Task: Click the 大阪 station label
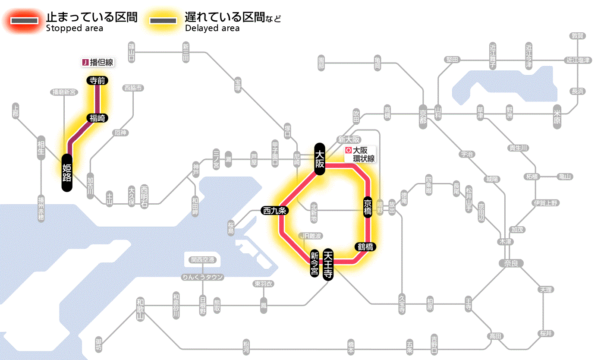coord(319,158)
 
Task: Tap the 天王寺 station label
coord(329,265)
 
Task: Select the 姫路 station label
coord(67,172)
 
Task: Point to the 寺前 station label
coord(97,80)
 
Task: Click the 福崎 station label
coord(97,118)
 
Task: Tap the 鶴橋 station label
coord(365,247)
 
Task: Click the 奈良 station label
coord(510,263)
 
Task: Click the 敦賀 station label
coord(577,36)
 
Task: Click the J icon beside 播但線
coord(85,63)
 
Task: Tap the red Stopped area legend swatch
coord(27,21)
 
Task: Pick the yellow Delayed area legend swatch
coord(163,21)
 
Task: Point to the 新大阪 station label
coord(349,139)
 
